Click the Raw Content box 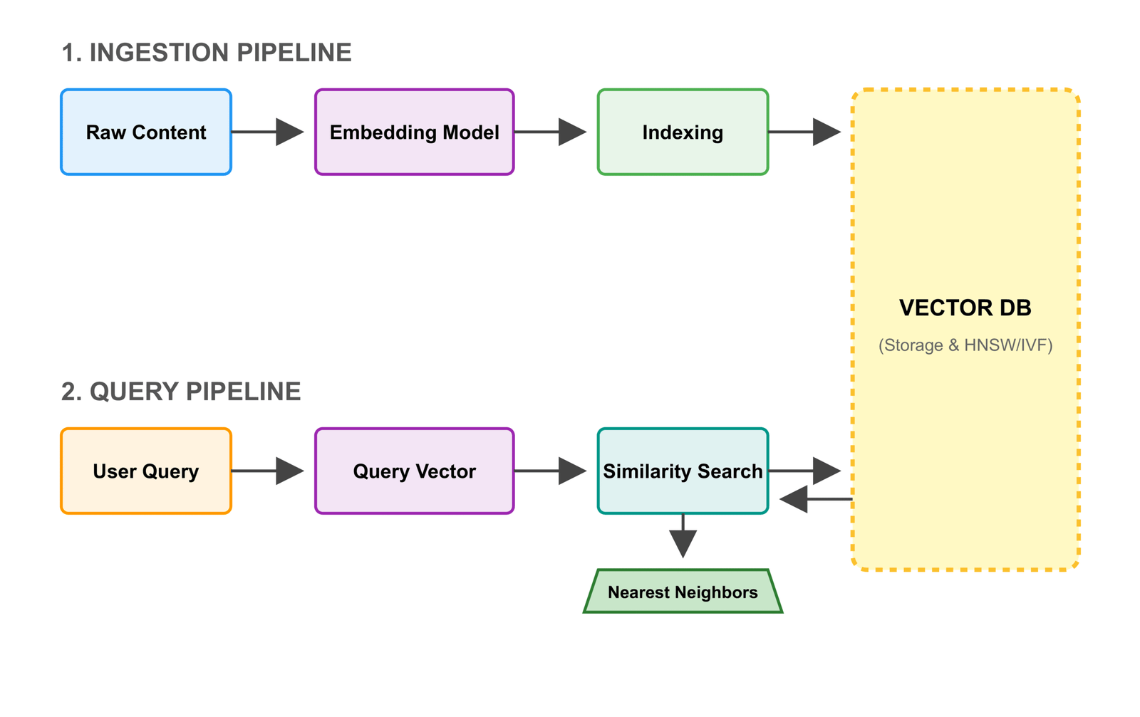(x=146, y=132)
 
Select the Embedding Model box (x=414, y=132)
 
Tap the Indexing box (x=683, y=132)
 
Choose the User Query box (x=146, y=471)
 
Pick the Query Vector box (x=414, y=471)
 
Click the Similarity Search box (x=683, y=471)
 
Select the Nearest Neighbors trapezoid (x=683, y=592)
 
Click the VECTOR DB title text (x=965, y=308)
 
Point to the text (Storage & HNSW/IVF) (x=965, y=345)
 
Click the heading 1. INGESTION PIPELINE (x=206, y=53)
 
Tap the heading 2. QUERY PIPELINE (x=180, y=392)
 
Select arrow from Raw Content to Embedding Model (x=267, y=132)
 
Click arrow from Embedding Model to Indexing (x=549, y=132)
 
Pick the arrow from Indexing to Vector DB (x=804, y=132)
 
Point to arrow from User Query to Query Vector (x=267, y=471)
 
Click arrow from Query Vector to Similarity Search (x=549, y=471)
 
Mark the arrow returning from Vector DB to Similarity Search (x=816, y=499)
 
